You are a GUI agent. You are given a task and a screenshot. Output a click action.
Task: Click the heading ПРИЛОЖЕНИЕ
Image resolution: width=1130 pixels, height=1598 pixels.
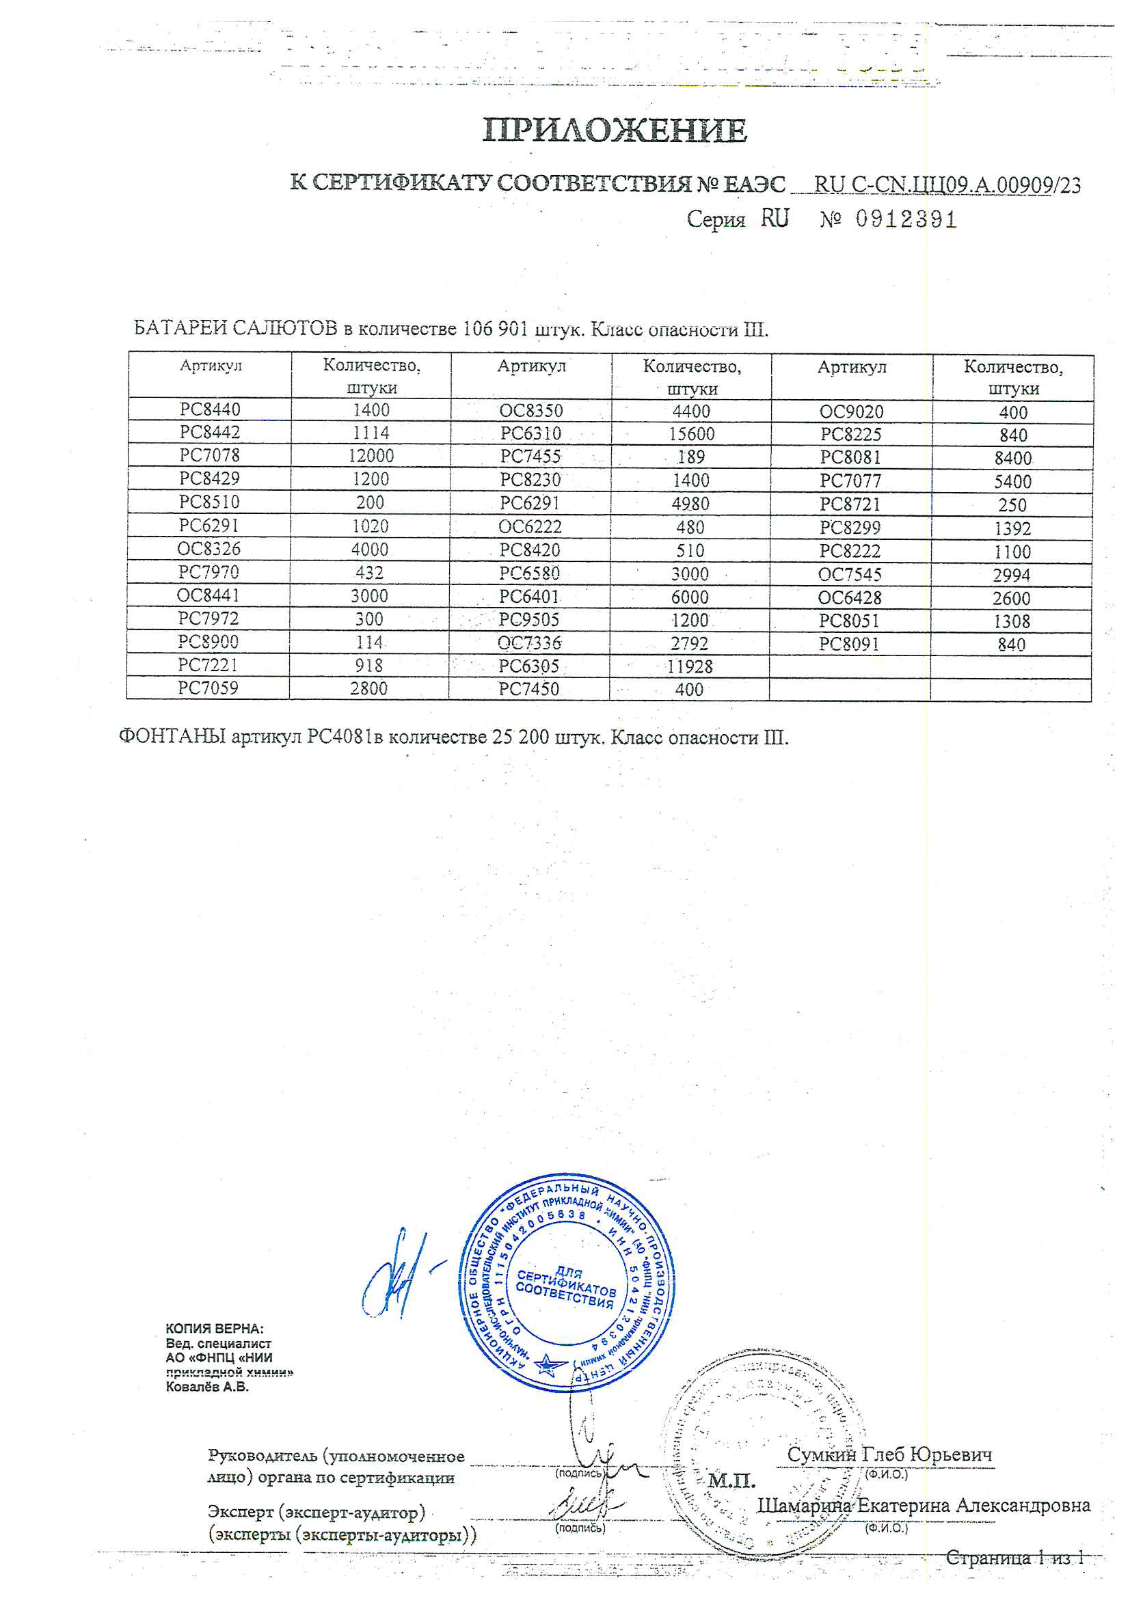pyautogui.click(x=615, y=130)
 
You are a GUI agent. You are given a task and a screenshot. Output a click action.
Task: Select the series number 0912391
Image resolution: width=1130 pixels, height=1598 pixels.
pyautogui.click(x=906, y=220)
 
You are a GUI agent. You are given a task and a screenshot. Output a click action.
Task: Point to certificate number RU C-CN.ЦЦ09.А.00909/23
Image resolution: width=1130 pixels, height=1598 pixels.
pyautogui.click(x=947, y=185)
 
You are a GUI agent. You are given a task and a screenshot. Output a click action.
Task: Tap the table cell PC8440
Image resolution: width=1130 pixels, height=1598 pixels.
pyautogui.click(x=210, y=409)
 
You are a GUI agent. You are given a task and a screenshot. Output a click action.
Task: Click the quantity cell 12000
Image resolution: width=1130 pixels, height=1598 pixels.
pyautogui.click(x=371, y=456)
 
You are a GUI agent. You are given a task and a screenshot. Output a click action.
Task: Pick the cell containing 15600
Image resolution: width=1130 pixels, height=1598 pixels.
pyautogui.click(x=691, y=433)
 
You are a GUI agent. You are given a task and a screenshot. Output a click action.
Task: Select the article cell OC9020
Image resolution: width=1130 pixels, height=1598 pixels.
pyautogui.click(x=851, y=412)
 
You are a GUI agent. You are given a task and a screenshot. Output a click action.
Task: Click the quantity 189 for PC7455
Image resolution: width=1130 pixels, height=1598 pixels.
pyautogui.click(x=690, y=457)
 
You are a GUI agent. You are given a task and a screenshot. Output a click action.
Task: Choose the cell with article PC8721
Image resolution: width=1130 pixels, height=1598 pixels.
pyautogui.click(x=850, y=504)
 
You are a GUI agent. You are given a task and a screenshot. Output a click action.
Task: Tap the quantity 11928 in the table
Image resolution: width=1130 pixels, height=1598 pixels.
pyautogui.click(x=689, y=667)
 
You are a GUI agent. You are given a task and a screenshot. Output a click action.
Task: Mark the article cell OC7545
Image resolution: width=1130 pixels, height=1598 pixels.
pyautogui.click(x=850, y=575)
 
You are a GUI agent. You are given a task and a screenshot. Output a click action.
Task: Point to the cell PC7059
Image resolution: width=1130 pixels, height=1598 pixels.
pyautogui.click(x=208, y=688)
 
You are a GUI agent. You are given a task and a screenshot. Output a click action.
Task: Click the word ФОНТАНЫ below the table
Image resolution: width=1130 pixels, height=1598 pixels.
pyautogui.click(x=172, y=736)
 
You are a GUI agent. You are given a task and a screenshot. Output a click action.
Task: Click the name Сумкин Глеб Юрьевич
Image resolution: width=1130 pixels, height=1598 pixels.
pyautogui.click(x=889, y=1454)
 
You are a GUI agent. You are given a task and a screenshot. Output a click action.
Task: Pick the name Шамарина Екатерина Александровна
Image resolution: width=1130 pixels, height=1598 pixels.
pyautogui.click(x=924, y=1505)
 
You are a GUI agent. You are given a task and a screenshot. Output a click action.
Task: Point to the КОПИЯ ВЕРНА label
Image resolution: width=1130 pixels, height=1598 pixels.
pyautogui.click(x=214, y=1329)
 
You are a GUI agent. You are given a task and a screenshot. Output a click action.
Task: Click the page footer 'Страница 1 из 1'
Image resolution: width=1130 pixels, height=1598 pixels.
pyautogui.click(x=1014, y=1558)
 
